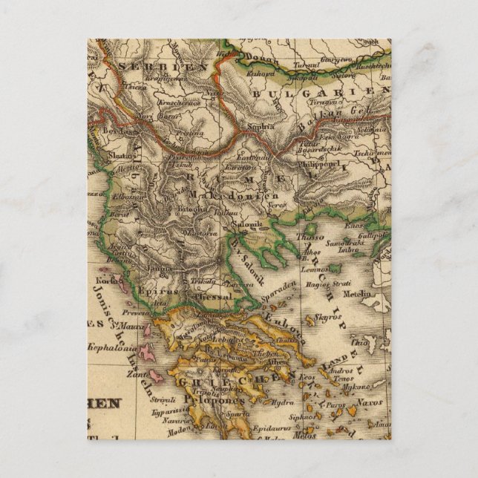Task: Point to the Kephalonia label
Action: (109, 346)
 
